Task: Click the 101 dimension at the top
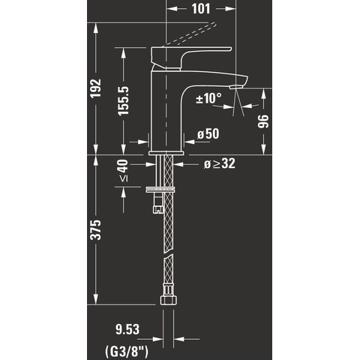tap(201, 9)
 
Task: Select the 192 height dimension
tap(95, 88)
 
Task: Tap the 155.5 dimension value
tap(123, 100)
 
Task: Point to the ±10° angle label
tap(208, 98)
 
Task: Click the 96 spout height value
tap(263, 121)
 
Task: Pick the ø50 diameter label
tap(208, 133)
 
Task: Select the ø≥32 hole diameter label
tap(220, 164)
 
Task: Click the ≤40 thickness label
tap(123, 170)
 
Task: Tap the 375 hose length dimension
tap(95, 230)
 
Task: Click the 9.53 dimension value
tap(127, 329)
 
